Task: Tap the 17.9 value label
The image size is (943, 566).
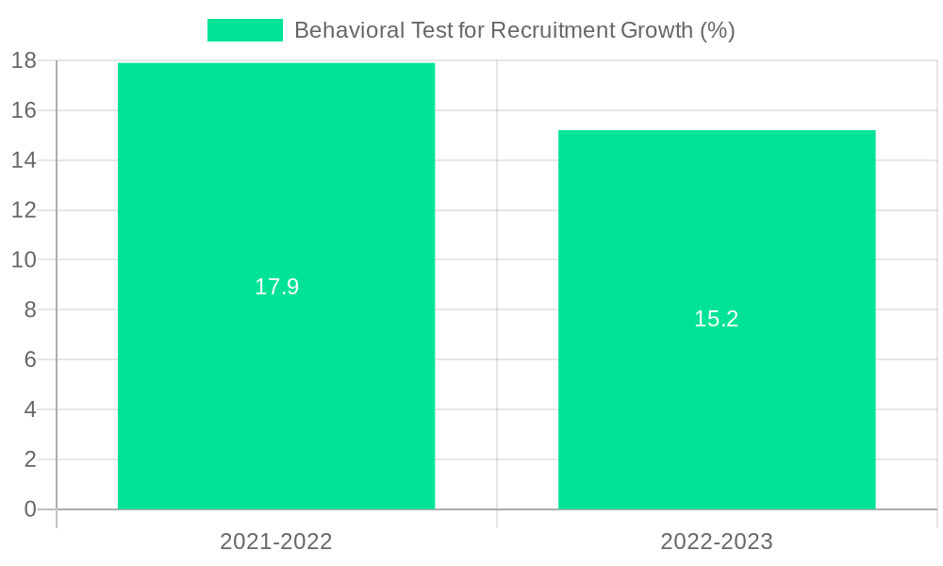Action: (x=276, y=287)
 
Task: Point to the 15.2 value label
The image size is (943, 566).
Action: (x=717, y=319)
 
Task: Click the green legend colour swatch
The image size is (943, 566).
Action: (x=245, y=30)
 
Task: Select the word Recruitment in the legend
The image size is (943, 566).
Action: (x=555, y=30)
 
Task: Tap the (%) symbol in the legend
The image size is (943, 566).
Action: (x=717, y=30)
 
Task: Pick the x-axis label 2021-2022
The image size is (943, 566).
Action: (x=276, y=541)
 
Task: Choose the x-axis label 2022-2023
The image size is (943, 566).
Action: (x=717, y=541)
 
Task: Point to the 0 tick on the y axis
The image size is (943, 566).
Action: (x=29, y=509)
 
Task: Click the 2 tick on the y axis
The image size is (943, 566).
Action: (x=29, y=459)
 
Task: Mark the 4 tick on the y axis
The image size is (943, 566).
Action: (x=29, y=409)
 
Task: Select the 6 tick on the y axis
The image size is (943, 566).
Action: (x=29, y=359)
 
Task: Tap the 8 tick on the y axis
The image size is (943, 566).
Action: (x=29, y=309)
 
